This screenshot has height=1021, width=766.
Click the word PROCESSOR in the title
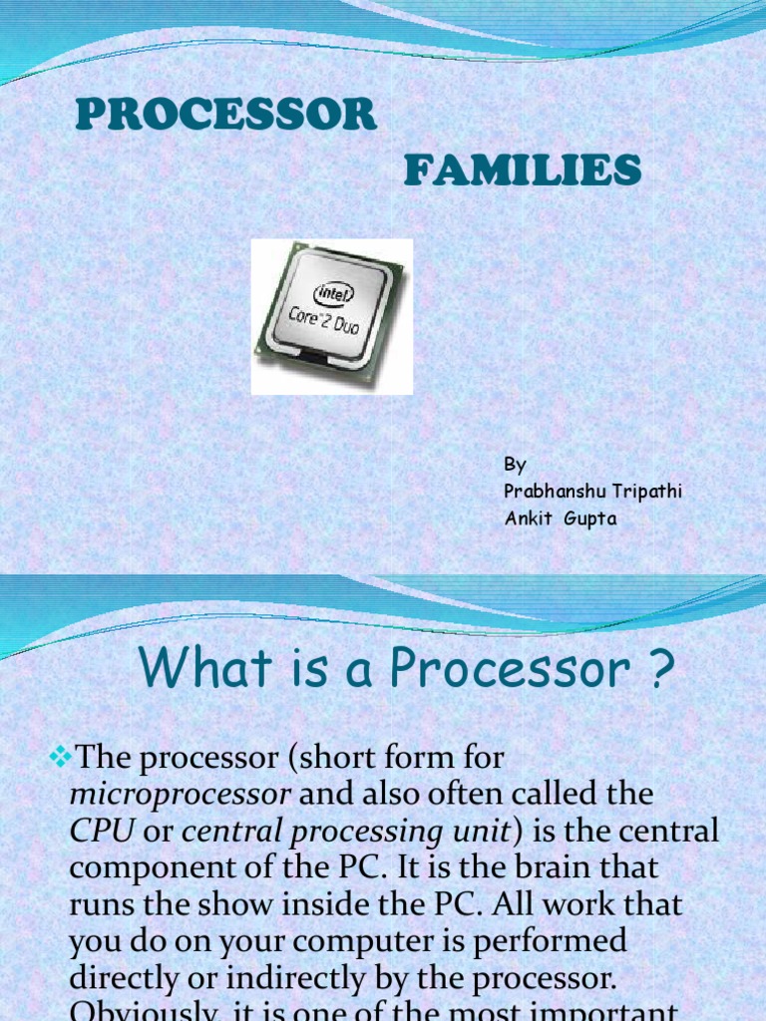pyautogui.click(x=226, y=116)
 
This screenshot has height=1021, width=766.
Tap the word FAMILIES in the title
pyautogui.click(x=522, y=171)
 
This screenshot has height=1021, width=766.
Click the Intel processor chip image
pyautogui.click(x=331, y=316)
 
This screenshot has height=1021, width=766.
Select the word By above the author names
pyautogui.click(x=515, y=465)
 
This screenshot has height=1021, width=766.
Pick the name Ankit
pyautogui.click(x=528, y=518)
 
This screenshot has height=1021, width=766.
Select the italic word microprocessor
pyautogui.click(x=181, y=795)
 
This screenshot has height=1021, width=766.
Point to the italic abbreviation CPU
pyautogui.click(x=101, y=831)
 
